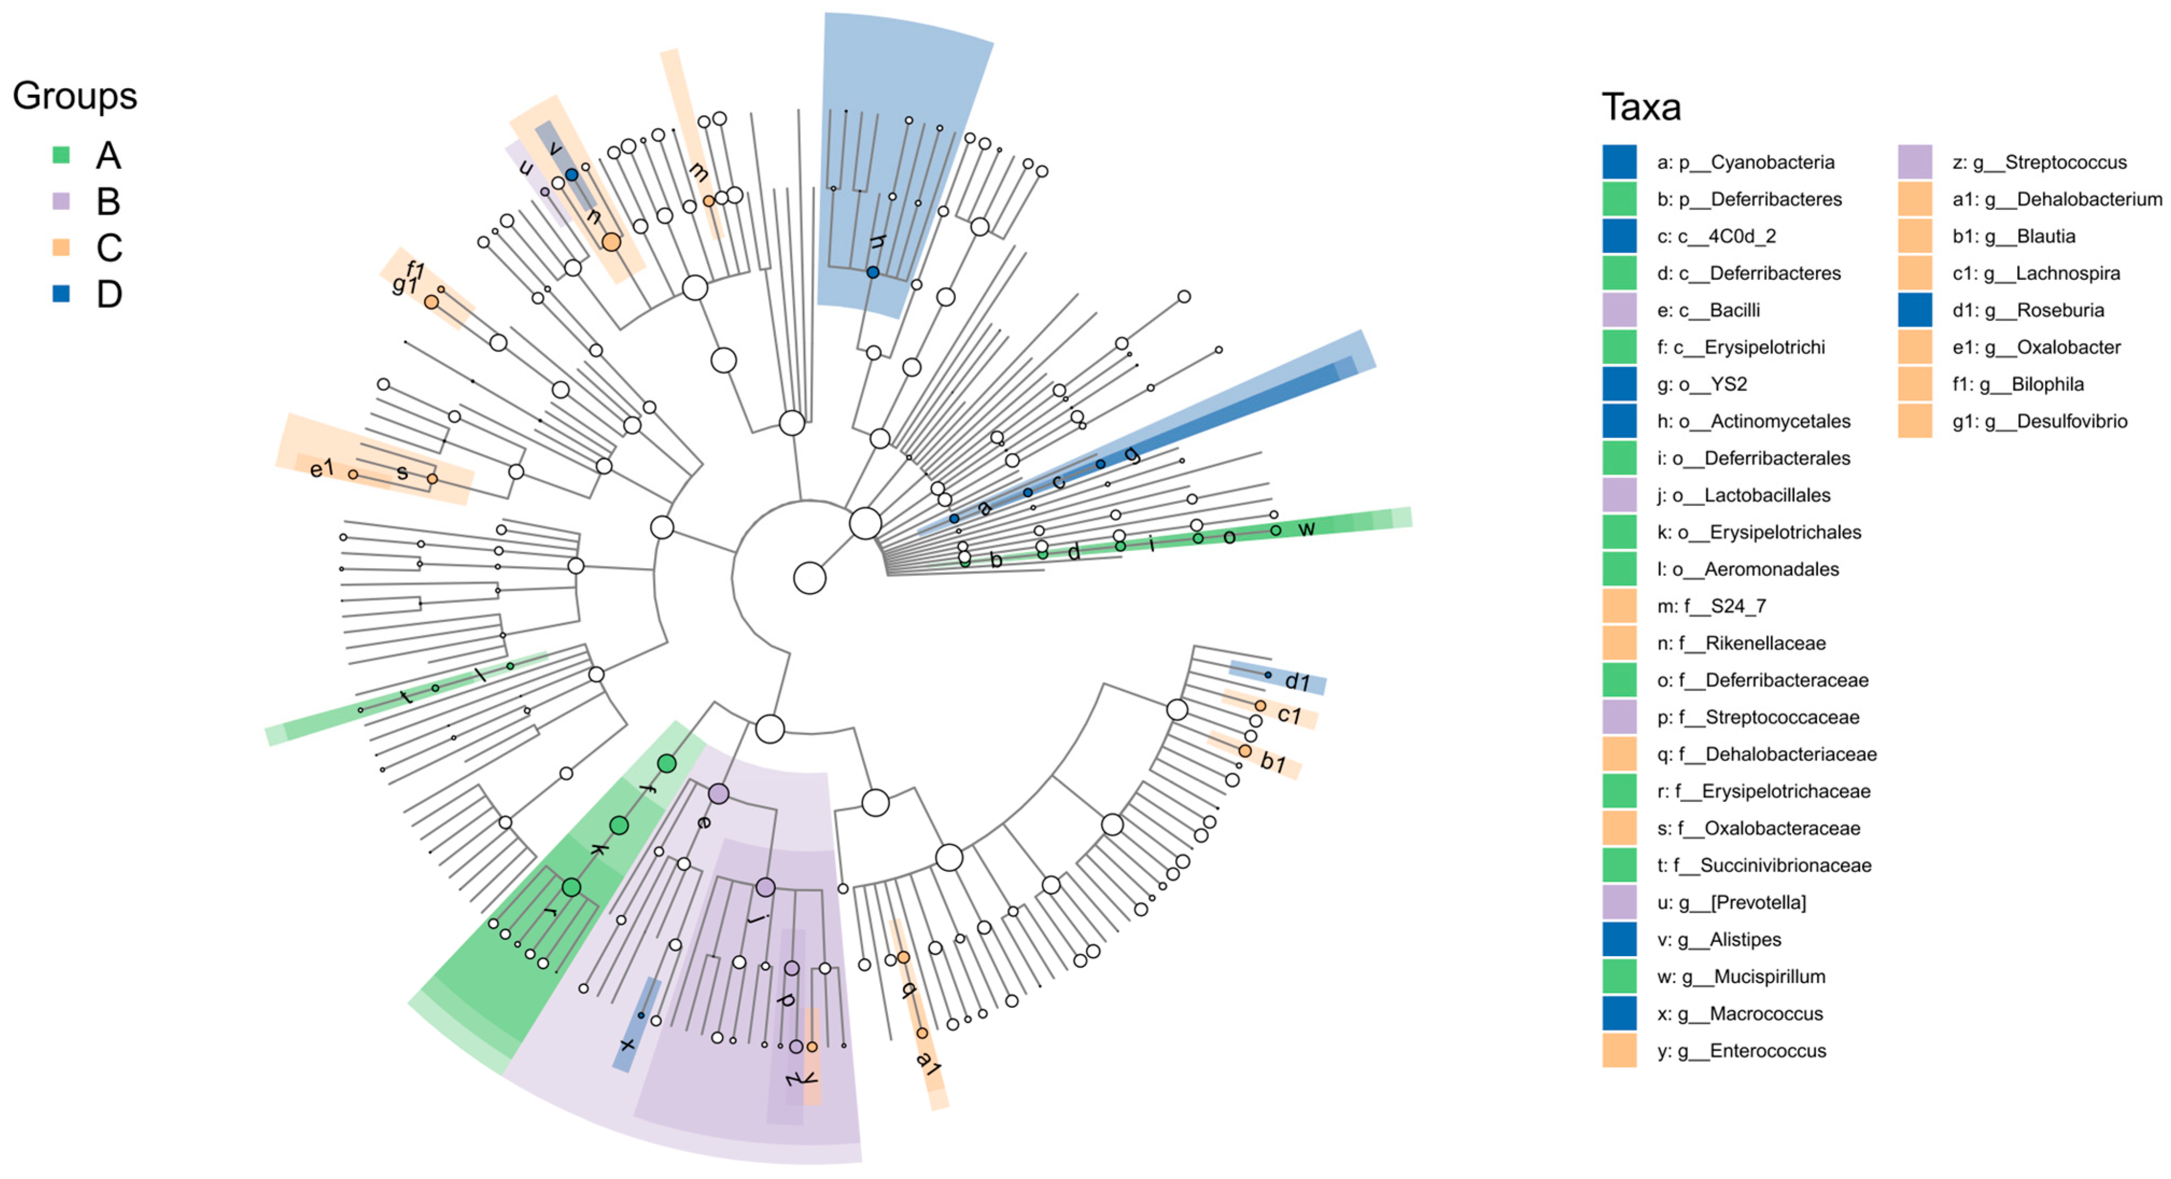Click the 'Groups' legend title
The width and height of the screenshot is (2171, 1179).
(x=74, y=96)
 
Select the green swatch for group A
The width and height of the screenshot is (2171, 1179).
(x=61, y=155)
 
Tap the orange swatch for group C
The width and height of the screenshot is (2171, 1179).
(x=61, y=247)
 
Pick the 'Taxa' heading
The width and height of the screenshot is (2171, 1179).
(x=1640, y=108)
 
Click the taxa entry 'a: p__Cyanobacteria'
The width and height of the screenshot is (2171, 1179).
(x=1745, y=163)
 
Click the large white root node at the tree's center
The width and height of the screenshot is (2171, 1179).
(x=809, y=578)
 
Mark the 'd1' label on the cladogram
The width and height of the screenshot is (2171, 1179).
(x=1297, y=681)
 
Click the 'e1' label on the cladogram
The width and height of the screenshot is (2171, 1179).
(x=322, y=468)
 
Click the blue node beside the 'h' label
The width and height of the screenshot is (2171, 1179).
(x=873, y=272)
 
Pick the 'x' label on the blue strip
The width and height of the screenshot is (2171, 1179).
(x=627, y=1045)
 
